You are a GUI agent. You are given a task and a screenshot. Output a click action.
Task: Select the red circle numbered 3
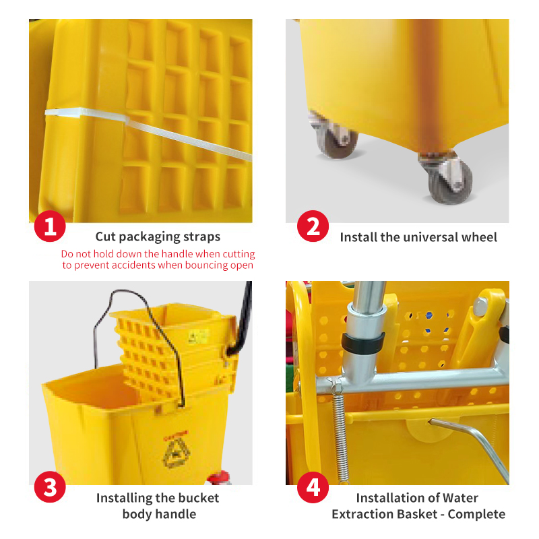coord(50,487)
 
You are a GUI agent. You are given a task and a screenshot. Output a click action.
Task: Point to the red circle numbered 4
coord(313,487)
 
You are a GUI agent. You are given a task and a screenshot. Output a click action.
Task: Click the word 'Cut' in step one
coord(106,236)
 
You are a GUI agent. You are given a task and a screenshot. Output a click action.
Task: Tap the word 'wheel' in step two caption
coord(479,237)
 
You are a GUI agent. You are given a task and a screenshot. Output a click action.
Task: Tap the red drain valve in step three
coord(217,479)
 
